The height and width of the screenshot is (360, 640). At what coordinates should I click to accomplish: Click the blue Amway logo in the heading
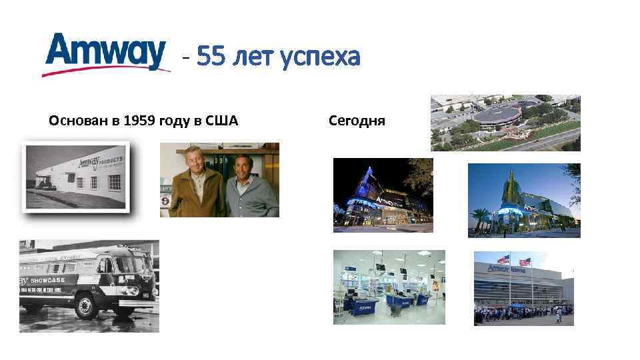(105, 53)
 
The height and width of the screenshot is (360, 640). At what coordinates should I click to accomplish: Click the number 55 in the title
(211, 58)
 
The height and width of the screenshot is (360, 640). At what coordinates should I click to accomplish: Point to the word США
(223, 121)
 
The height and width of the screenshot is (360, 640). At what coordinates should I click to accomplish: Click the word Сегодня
(357, 121)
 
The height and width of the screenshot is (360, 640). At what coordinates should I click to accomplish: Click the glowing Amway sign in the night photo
(389, 199)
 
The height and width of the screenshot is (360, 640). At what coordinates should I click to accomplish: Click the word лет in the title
(253, 59)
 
